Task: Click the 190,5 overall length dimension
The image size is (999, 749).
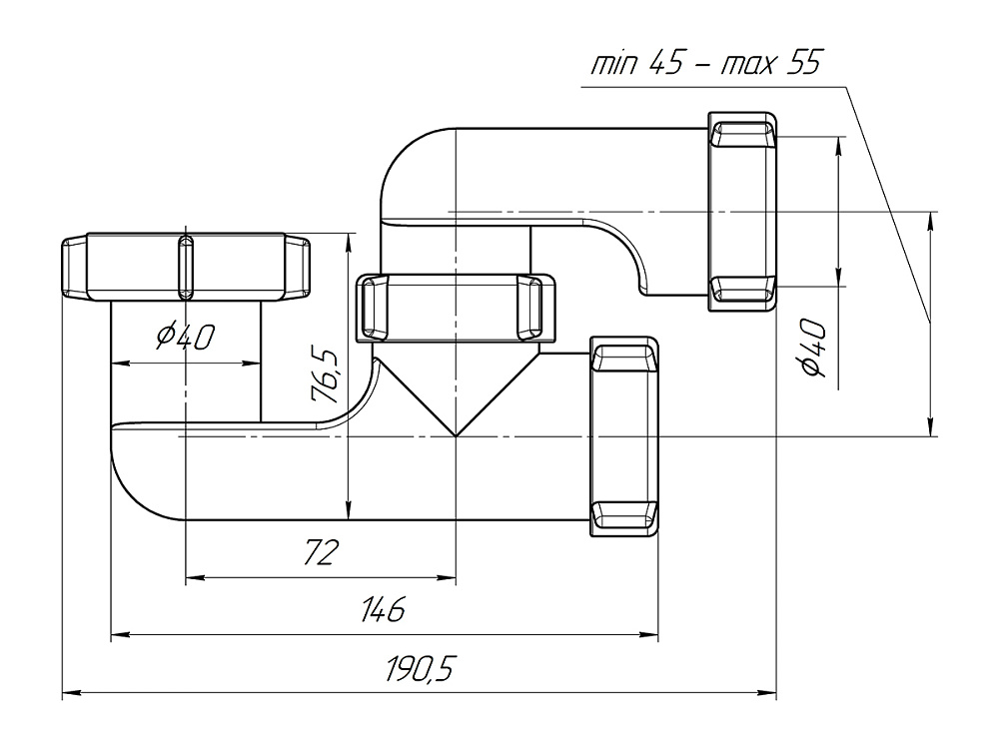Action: click(x=421, y=670)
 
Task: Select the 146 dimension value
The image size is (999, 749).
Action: click(x=383, y=610)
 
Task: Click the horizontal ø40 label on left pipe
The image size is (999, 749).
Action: click(x=185, y=339)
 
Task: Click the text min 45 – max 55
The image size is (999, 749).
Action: click(x=705, y=66)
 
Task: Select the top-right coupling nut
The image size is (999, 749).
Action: click(x=742, y=212)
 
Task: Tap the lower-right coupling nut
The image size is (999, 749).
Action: click(x=625, y=437)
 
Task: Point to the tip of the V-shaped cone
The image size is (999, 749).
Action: click(x=456, y=435)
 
